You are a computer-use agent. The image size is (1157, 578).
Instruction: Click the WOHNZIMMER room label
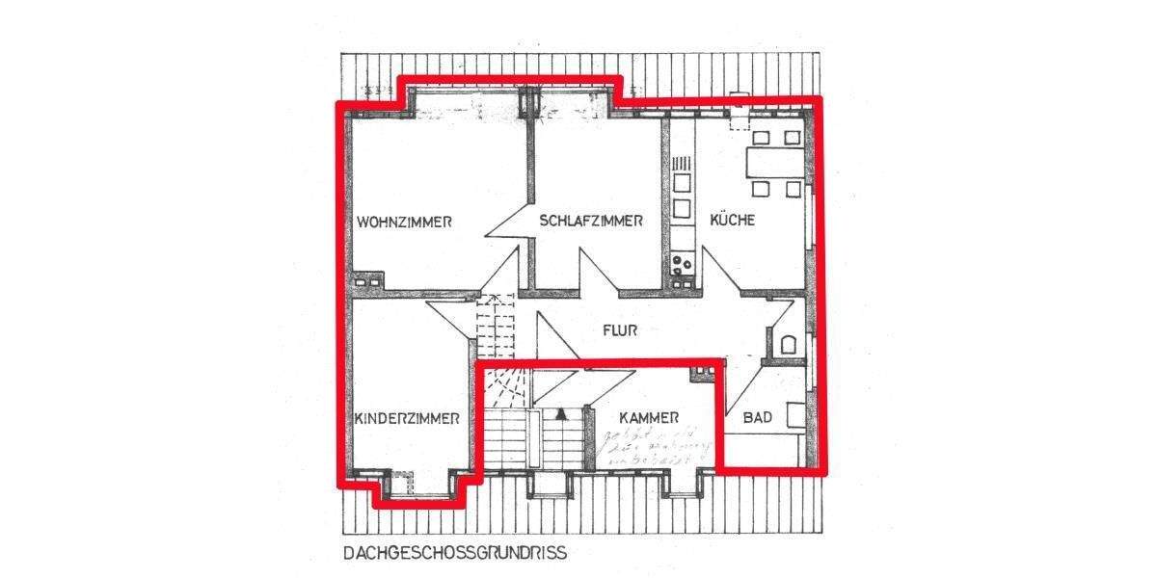(x=404, y=222)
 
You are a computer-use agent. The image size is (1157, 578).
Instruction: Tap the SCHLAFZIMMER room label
(x=590, y=221)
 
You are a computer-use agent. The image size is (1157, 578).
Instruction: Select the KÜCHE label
(x=732, y=221)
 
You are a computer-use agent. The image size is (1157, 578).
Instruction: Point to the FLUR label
(x=622, y=329)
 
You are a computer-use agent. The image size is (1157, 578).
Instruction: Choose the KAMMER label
(x=649, y=418)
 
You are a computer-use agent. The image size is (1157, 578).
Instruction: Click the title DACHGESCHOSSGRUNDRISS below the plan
(x=454, y=554)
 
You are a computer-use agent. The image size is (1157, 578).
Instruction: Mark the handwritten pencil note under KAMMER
(x=654, y=450)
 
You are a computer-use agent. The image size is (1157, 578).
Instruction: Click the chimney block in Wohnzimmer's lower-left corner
(x=365, y=282)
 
